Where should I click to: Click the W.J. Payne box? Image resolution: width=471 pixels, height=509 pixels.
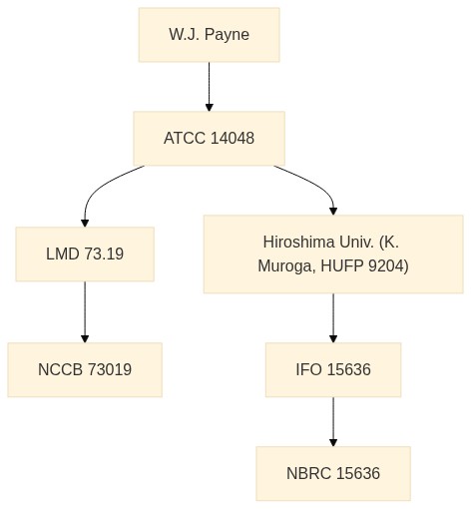(x=209, y=35)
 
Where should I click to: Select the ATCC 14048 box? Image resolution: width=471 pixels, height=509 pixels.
(x=209, y=139)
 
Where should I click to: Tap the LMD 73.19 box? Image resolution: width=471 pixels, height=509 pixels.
(x=85, y=254)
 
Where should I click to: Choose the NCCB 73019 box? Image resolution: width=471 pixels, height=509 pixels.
(x=85, y=369)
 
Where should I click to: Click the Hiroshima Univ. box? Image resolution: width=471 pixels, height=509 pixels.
(x=333, y=254)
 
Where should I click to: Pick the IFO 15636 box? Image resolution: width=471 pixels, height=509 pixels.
(x=333, y=369)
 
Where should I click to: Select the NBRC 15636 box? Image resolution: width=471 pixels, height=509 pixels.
(x=333, y=473)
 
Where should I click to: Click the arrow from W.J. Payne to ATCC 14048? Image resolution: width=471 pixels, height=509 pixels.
(x=209, y=87)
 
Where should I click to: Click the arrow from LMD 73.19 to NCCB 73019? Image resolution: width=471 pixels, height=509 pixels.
(x=85, y=311)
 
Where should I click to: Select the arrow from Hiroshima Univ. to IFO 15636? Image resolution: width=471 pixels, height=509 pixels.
(x=333, y=317)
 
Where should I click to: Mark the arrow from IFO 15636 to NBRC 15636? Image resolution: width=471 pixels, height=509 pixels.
(x=333, y=421)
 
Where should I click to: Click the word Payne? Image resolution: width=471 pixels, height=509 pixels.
(x=227, y=35)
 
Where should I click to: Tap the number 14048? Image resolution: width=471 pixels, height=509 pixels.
(x=233, y=138)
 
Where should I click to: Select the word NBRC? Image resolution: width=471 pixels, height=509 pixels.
(x=308, y=473)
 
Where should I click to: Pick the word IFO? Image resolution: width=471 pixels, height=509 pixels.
(x=309, y=369)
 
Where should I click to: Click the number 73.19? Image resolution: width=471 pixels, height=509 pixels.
(x=104, y=254)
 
